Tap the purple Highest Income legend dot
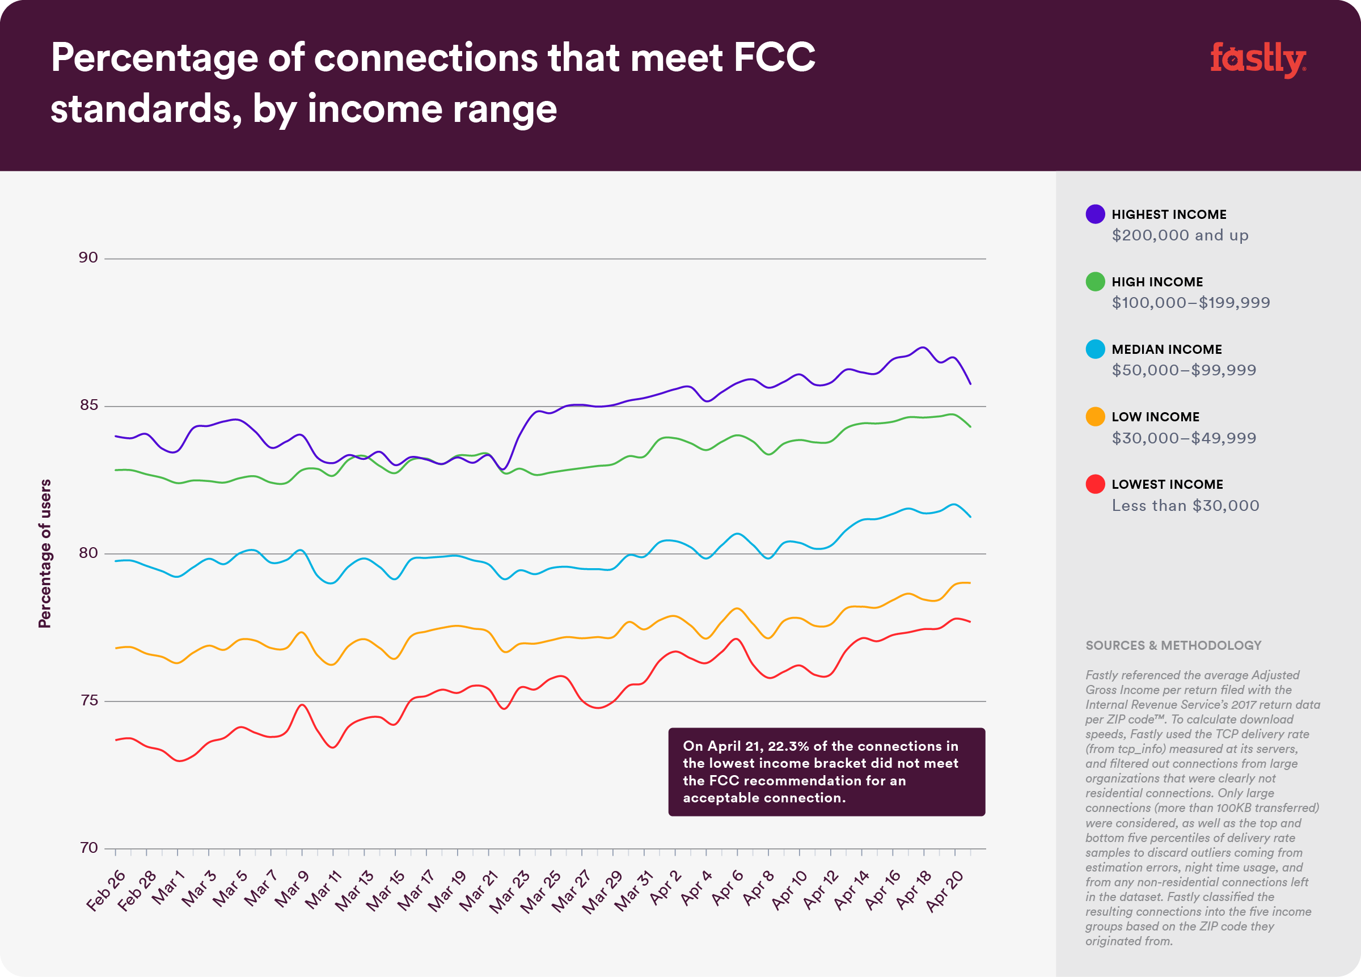coord(1094,214)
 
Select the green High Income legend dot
coord(1094,281)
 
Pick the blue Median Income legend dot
coord(1094,349)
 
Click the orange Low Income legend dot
coord(1094,416)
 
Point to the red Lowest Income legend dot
coord(1094,484)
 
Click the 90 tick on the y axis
coord(88,257)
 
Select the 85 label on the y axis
coord(88,405)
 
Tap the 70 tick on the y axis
coord(88,848)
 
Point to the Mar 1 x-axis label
coord(167,887)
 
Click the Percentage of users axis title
coord(45,553)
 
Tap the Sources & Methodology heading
coord(1173,646)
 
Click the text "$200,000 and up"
coord(1180,235)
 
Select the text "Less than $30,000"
coord(1185,506)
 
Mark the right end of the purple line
coord(970,383)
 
